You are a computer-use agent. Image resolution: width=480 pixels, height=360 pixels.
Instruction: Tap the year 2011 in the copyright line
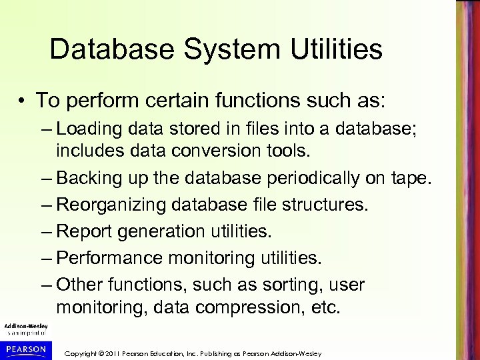129,351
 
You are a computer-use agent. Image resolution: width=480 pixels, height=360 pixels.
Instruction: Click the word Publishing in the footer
241,351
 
